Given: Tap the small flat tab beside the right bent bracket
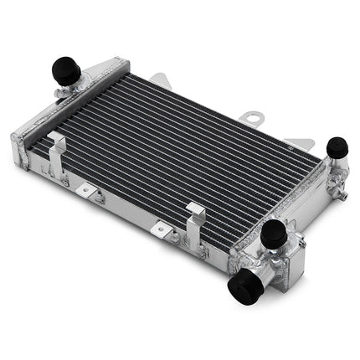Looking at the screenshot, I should pos(161,228).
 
